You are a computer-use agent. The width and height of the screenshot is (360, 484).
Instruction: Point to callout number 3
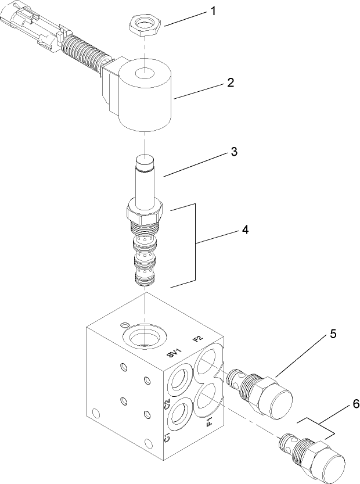233,152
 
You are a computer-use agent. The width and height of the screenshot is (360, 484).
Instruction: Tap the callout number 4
245,231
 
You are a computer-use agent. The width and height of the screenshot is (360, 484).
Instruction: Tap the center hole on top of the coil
143,74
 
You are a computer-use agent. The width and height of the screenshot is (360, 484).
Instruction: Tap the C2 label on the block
167,404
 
